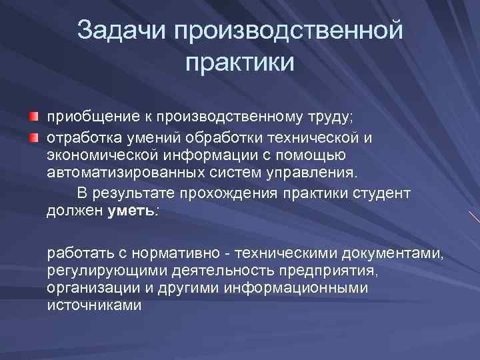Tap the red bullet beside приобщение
point(33,117)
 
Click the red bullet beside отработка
point(33,137)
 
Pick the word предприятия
point(321,271)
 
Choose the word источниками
point(93,305)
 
